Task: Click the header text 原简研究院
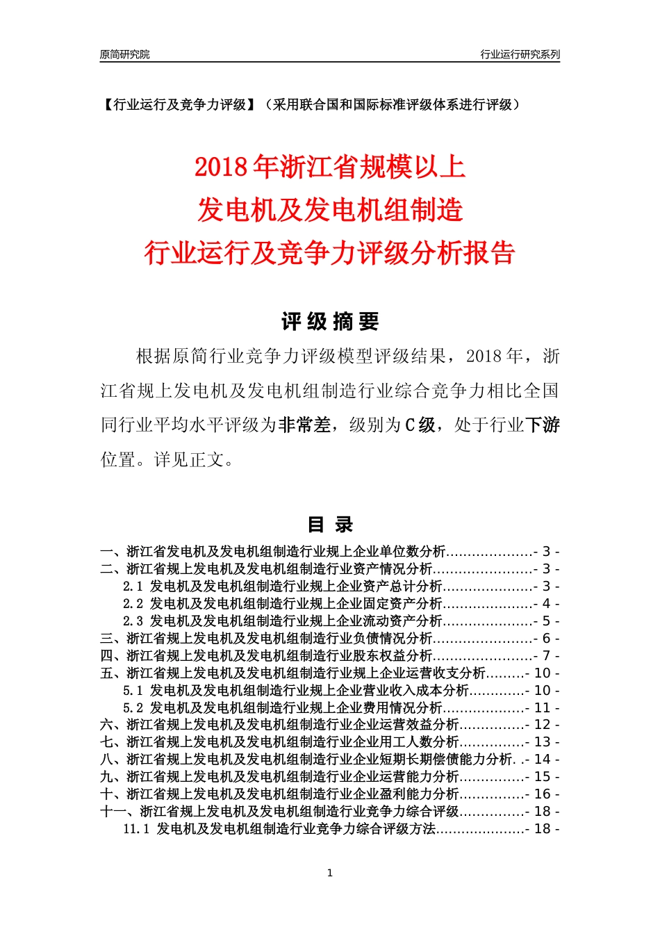tap(124, 54)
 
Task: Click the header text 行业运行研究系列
tap(520, 54)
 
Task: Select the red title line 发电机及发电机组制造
tap(330, 210)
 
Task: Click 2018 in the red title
tap(221, 167)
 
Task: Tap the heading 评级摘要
tap(330, 322)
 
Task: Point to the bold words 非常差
tap(305, 425)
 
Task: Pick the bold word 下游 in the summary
tap(543, 425)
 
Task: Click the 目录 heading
tap(330, 525)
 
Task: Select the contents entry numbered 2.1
tap(282, 587)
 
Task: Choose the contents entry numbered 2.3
tap(282, 621)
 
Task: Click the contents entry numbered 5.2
tap(282, 708)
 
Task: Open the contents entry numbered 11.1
tap(279, 829)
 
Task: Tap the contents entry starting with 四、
tap(266, 656)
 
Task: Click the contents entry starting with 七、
tap(279, 742)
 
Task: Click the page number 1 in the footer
tap(330, 873)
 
